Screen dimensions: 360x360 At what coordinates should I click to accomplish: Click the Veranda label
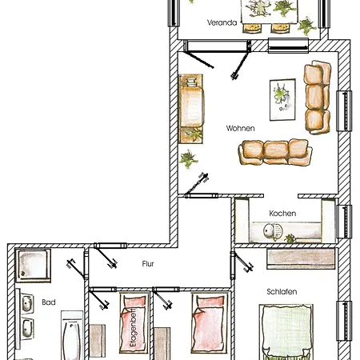tap(222, 22)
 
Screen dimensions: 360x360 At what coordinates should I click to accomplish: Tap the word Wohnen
tap(240, 128)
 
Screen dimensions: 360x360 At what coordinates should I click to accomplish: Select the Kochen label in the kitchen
tap(282, 214)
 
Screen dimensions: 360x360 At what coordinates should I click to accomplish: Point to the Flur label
tap(148, 264)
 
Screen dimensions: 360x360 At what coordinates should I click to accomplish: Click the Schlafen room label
tap(282, 291)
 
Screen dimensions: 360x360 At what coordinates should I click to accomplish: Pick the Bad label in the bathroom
tap(49, 302)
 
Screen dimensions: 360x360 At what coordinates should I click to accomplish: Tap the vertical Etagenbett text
tap(133, 327)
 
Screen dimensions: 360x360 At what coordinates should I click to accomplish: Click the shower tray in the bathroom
tap(33, 266)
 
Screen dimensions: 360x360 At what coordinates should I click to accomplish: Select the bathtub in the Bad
tap(71, 337)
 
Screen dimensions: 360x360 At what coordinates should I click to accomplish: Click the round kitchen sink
tap(273, 231)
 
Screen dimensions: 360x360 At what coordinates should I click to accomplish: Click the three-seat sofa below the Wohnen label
tap(275, 152)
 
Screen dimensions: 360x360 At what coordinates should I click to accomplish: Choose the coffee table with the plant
tap(282, 100)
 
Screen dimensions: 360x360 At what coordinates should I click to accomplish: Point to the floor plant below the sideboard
tap(188, 159)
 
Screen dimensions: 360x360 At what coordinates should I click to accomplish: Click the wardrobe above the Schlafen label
tap(301, 258)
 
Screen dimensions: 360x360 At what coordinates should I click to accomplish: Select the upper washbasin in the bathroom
tap(26, 303)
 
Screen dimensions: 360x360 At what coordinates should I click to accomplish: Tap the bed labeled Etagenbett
tap(134, 323)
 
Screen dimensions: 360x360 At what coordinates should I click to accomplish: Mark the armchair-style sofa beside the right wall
tap(318, 97)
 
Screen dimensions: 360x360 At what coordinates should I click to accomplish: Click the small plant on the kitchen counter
tap(290, 238)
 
